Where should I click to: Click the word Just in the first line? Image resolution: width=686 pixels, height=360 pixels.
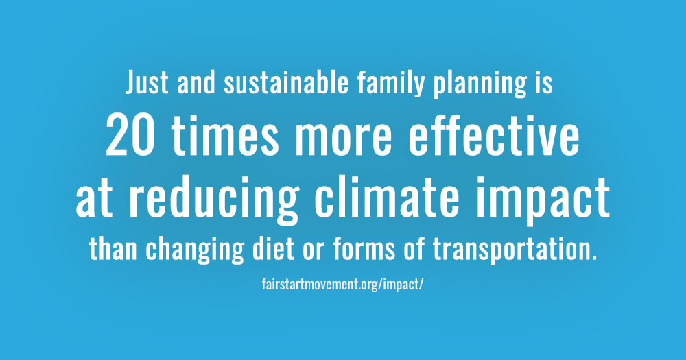point(147,82)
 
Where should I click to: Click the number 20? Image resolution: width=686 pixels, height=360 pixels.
point(130,136)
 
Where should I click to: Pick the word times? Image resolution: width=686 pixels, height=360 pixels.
point(225,136)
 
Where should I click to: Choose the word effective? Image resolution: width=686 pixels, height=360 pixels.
point(494,135)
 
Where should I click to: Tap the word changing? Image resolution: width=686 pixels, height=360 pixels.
point(195,251)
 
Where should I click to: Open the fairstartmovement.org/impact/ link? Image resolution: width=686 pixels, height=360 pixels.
point(342,285)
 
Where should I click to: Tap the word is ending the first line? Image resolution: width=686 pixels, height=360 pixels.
point(544,82)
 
